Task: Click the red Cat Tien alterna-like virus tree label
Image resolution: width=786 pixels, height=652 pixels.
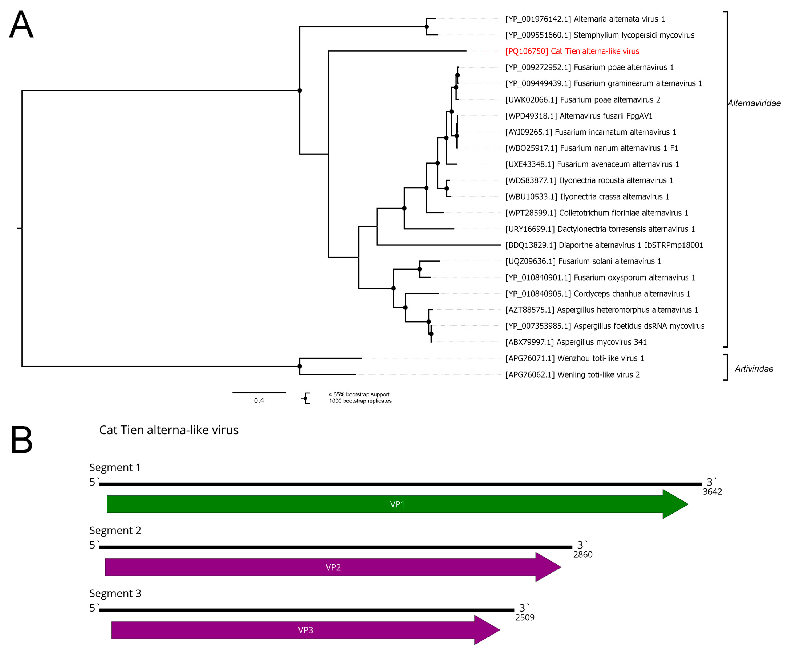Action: [x=572, y=51]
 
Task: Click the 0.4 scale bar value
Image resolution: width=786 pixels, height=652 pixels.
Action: [x=259, y=401]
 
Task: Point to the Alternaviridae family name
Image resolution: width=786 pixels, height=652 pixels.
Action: [x=754, y=103]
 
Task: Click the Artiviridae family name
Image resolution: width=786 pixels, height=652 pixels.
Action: [x=754, y=369]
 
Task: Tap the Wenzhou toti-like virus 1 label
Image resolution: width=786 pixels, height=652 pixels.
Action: [x=574, y=358]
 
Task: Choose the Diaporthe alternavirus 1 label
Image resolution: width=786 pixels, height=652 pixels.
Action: [x=604, y=245]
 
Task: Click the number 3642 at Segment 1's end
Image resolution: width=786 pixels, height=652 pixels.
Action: [x=712, y=492]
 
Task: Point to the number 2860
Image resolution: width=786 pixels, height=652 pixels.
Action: [x=582, y=555]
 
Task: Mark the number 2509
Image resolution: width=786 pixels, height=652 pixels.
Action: [x=524, y=618]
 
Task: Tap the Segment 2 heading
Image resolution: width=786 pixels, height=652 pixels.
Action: [x=115, y=530]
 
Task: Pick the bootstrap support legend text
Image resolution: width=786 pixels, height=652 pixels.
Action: [x=360, y=398]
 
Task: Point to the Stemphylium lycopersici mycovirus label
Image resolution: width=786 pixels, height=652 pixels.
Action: [x=600, y=35]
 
